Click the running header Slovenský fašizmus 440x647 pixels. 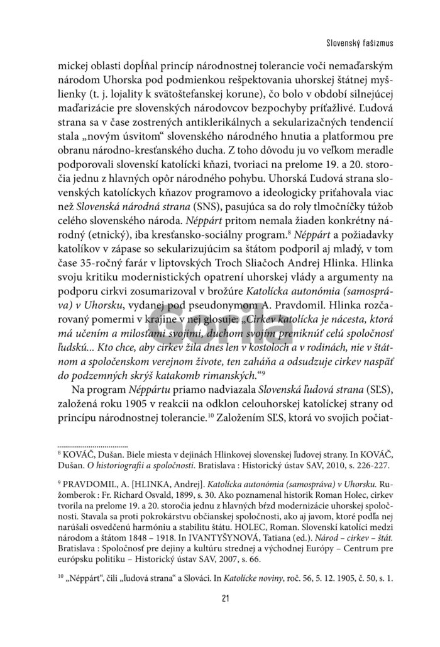(x=355, y=43)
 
